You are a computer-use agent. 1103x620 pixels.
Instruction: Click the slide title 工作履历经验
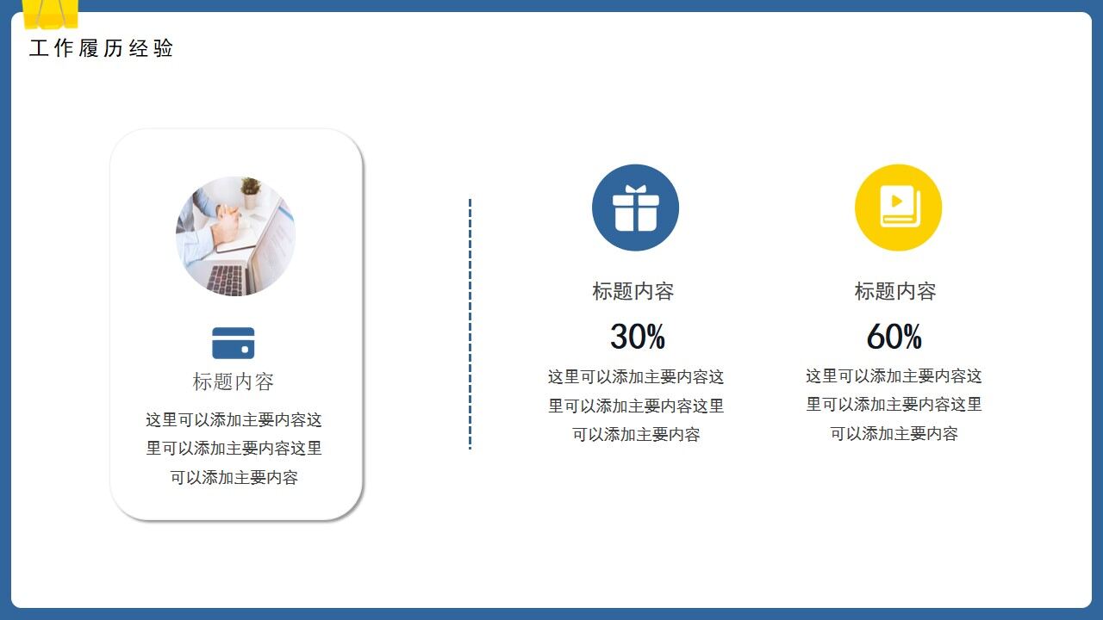102,48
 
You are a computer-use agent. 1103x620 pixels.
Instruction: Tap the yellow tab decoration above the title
50,13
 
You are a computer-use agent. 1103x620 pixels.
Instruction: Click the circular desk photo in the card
235,236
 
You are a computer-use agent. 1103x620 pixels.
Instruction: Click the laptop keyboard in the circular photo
227,279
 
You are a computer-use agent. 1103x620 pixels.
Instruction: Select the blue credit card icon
234,343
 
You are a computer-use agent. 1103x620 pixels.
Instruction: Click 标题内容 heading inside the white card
234,381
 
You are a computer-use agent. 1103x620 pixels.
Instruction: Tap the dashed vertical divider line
470,324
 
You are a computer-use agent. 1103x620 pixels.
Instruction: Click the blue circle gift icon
635,208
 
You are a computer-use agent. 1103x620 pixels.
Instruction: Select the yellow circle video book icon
898,208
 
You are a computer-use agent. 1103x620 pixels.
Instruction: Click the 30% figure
638,337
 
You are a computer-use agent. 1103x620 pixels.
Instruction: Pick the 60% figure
894,337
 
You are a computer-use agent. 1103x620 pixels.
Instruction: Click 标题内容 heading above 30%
633,291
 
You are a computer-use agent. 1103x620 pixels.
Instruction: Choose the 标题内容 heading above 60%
895,291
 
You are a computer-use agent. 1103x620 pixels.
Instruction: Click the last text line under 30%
636,435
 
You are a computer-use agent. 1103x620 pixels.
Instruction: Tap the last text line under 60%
894,434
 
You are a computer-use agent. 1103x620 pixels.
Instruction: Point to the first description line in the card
234,420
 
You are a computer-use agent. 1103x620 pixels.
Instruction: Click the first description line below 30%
636,377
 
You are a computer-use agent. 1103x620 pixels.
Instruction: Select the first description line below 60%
894,376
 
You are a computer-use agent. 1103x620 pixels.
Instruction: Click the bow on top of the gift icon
636,189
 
